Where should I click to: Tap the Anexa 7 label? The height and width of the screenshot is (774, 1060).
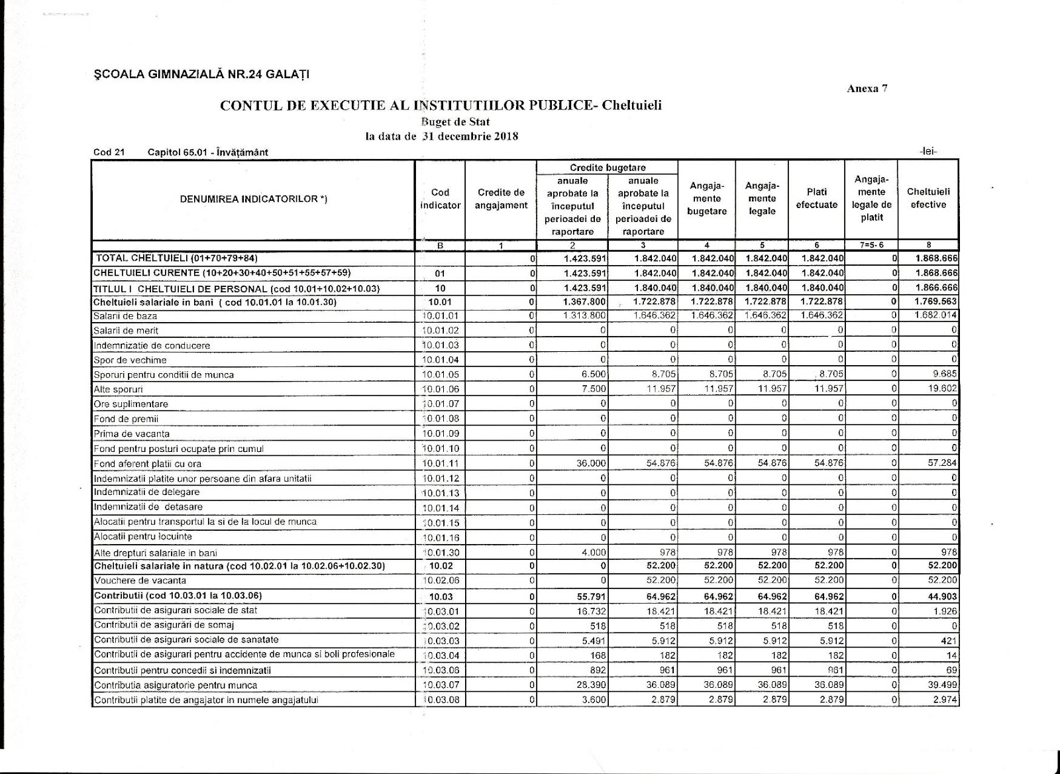(867, 89)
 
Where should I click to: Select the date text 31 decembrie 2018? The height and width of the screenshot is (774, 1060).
(470, 137)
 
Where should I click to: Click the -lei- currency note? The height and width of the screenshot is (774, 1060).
(928, 151)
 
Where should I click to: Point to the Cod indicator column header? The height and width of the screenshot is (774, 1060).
(440, 199)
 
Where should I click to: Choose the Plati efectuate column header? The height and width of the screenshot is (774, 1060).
(816, 198)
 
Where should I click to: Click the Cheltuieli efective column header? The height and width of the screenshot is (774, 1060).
(928, 198)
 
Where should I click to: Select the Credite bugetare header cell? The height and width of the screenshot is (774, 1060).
(608, 168)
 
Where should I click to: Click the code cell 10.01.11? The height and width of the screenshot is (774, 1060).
(440, 464)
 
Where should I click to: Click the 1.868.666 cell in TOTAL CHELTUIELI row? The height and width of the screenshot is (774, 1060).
(936, 258)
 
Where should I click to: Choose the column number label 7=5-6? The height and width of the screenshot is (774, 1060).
(872, 245)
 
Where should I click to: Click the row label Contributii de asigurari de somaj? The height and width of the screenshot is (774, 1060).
(164, 625)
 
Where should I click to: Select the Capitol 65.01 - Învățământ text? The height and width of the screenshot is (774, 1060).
(208, 152)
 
